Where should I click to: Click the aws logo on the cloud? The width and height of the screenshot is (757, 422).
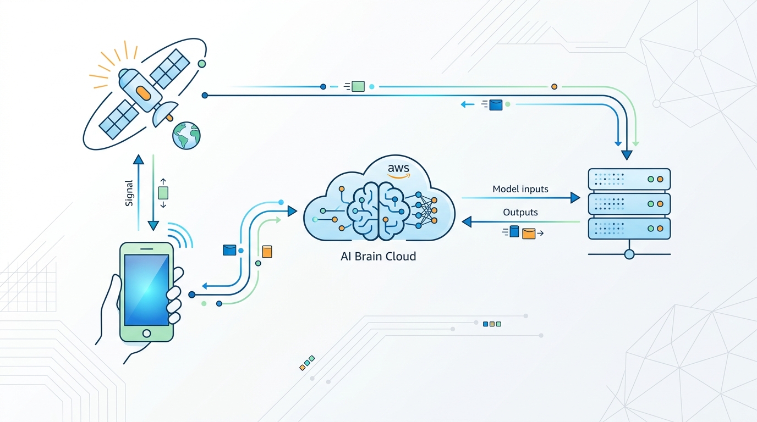click(x=399, y=170)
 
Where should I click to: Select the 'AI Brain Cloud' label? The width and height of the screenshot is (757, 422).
click(x=378, y=257)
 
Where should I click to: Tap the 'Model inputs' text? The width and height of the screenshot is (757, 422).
click(x=520, y=189)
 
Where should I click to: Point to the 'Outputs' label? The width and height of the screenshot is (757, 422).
click(x=520, y=212)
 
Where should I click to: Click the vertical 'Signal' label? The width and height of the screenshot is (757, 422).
click(x=129, y=193)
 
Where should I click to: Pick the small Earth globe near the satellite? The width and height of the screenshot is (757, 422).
click(x=186, y=135)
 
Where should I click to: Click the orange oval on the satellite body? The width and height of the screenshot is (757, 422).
click(x=143, y=93)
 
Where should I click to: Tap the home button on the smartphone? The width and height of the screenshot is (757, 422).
click(x=147, y=334)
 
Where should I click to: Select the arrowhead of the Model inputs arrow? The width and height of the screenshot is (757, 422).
click(x=575, y=197)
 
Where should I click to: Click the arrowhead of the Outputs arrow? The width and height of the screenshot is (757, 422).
click(x=467, y=222)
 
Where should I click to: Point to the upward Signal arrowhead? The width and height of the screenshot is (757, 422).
click(x=139, y=159)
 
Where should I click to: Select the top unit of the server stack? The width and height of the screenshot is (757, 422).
click(x=629, y=179)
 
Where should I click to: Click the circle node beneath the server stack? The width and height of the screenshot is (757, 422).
click(x=629, y=254)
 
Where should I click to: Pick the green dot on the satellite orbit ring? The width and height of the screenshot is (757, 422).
click(x=202, y=64)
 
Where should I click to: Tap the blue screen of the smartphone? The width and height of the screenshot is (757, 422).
click(x=147, y=290)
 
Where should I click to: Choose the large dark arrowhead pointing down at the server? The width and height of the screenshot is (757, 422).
click(x=627, y=155)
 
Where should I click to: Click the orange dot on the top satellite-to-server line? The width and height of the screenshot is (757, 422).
click(x=554, y=87)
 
